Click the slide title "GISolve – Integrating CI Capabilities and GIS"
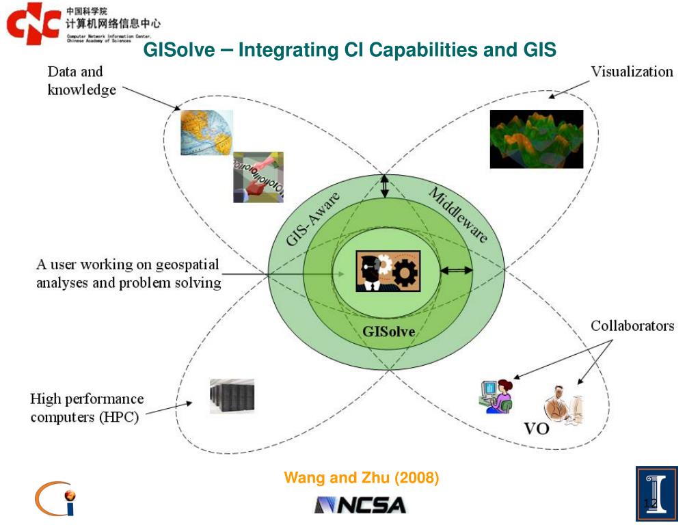pyautogui.click(x=349, y=50)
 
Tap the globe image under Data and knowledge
pyautogui.click(x=206, y=133)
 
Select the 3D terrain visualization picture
pyautogui.click(x=536, y=139)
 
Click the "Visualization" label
pyautogui.click(x=632, y=72)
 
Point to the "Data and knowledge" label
pyautogui.click(x=81, y=81)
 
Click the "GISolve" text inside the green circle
pyautogui.click(x=388, y=332)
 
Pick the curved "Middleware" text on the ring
pyautogui.click(x=458, y=215)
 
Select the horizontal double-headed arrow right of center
pyautogui.click(x=456, y=271)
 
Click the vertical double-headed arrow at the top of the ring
pyautogui.click(x=385, y=186)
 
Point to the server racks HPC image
pyautogui.click(x=232, y=396)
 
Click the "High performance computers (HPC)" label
pyautogui.click(x=87, y=407)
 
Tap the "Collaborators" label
pyautogui.click(x=632, y=326)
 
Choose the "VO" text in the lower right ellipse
pyautogui.click(x=537, y=429)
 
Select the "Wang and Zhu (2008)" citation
pyautogui.click(x=362, y=478)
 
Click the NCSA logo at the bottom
pyautogui.click(x=360, y=505)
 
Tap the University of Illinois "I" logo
pyautogui.click(x=656, y=494)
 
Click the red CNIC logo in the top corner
pyautogui.click(x=32, y=24)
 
